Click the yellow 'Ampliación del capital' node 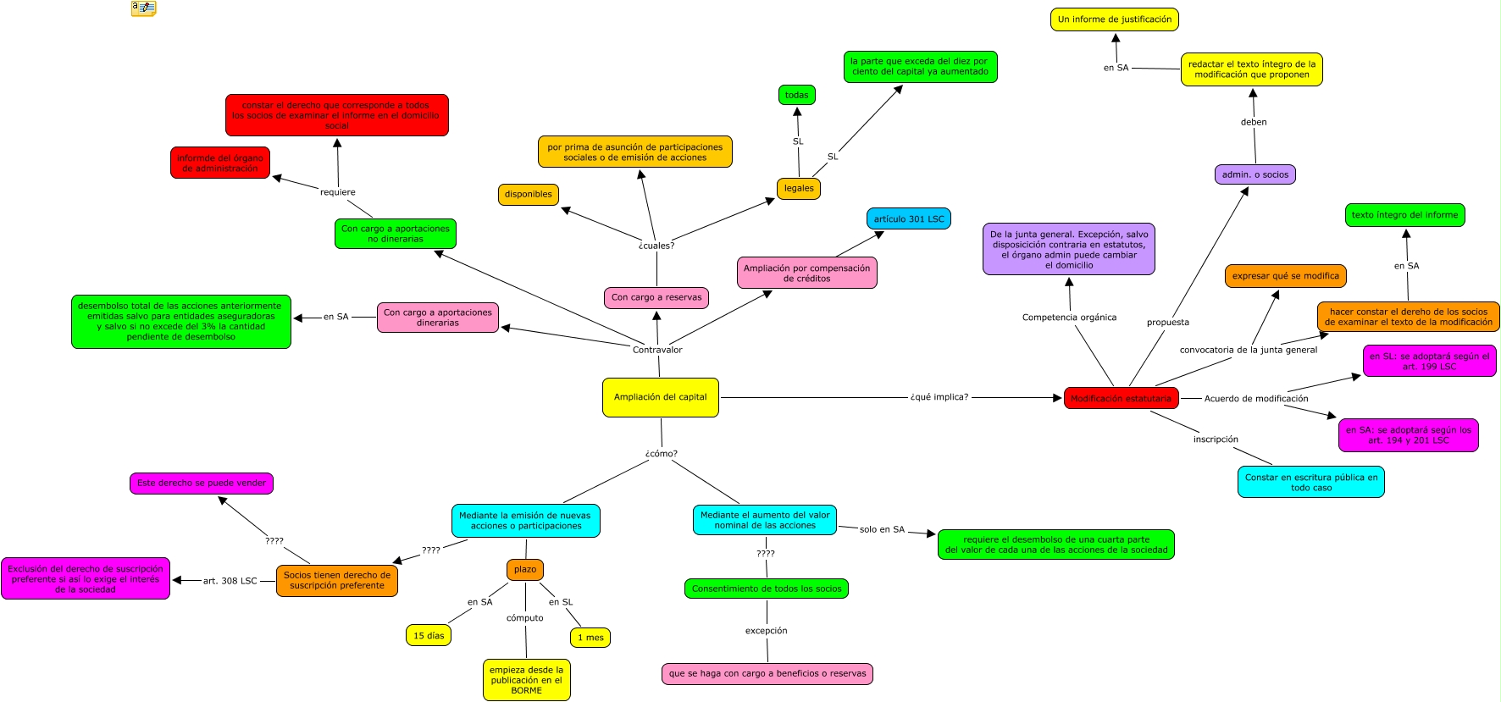[660, 397]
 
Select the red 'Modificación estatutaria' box [1121, 398]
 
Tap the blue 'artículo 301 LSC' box [908, 218]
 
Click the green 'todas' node [796, 95]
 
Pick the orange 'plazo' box [525, 569]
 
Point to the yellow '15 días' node [429, 635]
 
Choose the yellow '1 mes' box [590, 638]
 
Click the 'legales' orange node [798, 188]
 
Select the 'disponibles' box [528, 194]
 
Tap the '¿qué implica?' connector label [939, 397]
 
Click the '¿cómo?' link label [661, 454]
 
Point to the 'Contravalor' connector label [656, 350]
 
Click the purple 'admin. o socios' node [1255, 174]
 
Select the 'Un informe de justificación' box [1114, 19]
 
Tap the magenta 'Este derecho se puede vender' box [201, 483]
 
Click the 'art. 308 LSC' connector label [230, 581]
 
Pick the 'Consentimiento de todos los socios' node [766, 589]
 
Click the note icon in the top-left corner [143, 8]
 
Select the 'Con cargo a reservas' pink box [656, 297]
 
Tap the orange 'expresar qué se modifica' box [1285, 276]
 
